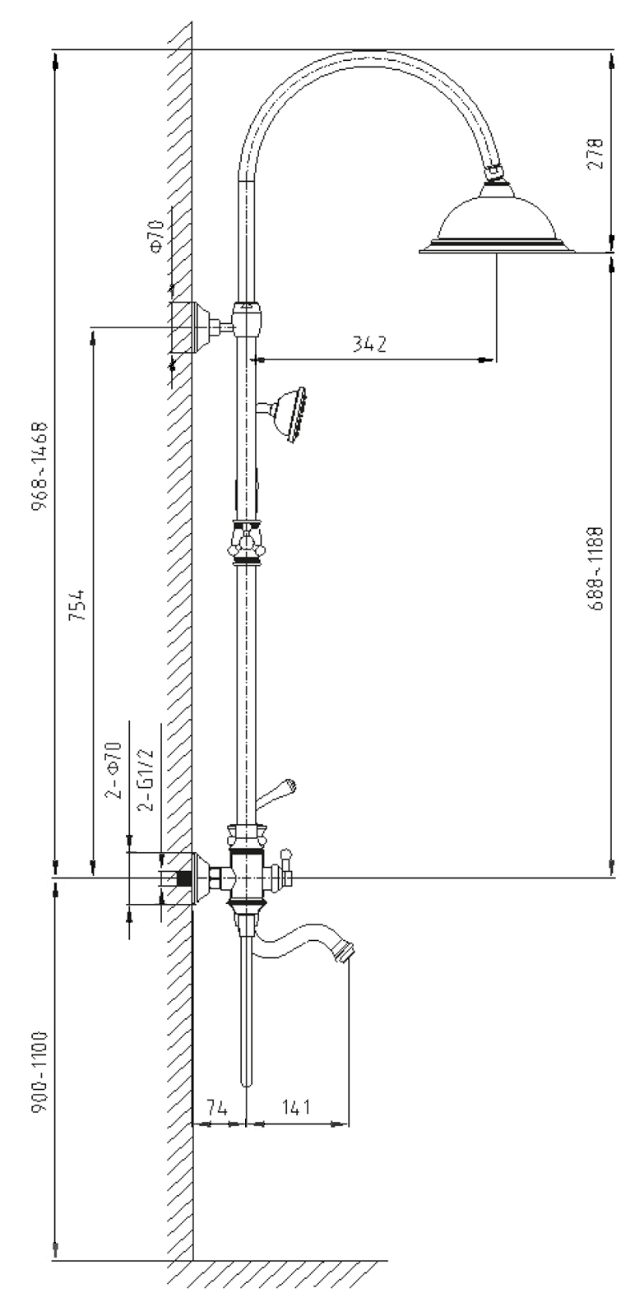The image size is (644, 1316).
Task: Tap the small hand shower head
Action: tap(289, 415)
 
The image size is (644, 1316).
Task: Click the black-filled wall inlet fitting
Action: tap(184, 878)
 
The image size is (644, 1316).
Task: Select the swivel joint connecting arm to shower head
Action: tap(493, 174)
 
